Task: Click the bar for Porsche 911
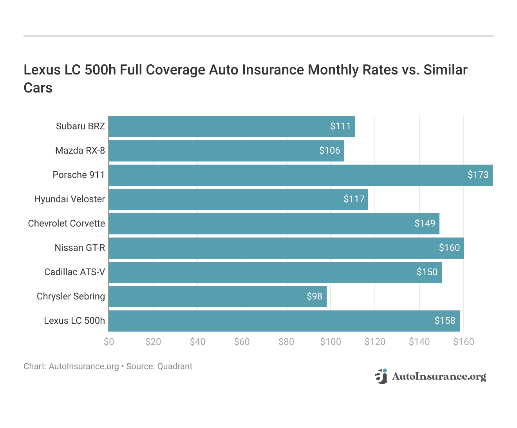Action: (x=300, y=175)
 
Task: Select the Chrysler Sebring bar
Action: (x=217, y=297)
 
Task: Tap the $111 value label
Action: (x=340, y=126)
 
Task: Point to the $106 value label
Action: (x=329, y=151)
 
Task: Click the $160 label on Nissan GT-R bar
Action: (x=449, y=248)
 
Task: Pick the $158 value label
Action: (x=445, y=321)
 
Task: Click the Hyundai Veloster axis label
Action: (x=69, y=199)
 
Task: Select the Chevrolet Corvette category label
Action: (x=67, y=223)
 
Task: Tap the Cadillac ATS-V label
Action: (x=74, y=272)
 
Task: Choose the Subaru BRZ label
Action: (x=80, y=126)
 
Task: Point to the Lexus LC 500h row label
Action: (x=74, y=321)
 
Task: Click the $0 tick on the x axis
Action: (x=109, y=342)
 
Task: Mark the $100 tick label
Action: (x=331, y=342)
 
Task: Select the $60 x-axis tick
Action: (x=242, y=342)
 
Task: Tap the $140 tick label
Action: (x=419, y=342)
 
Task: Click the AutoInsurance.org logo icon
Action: (x=381, y=376)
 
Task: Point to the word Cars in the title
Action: (x=38, y=88)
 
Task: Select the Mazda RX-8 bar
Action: (x=226, y=151)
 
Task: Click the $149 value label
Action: (x=425, y=223)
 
